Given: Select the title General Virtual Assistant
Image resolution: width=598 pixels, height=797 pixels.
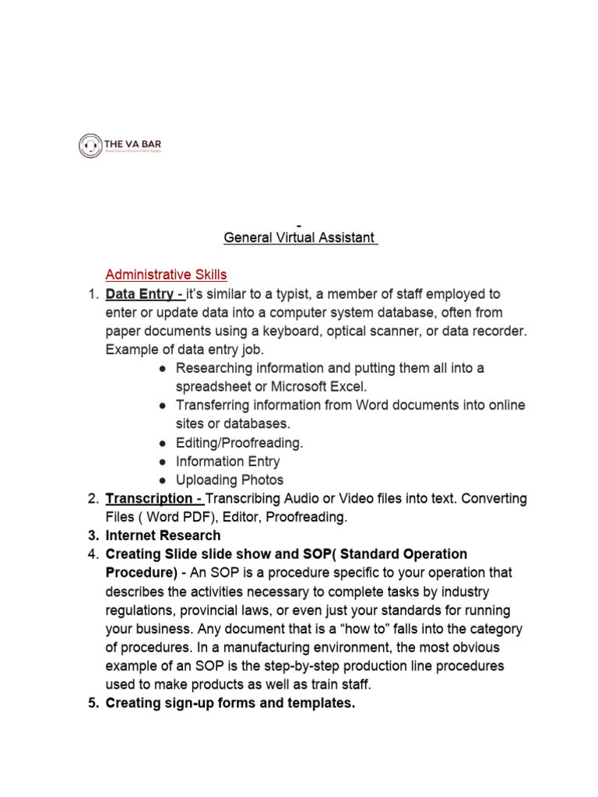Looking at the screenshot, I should click(299, 237).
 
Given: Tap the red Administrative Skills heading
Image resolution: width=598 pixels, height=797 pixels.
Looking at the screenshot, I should click(166, 275).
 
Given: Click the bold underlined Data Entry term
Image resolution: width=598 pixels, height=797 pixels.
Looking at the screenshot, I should click(144, 293).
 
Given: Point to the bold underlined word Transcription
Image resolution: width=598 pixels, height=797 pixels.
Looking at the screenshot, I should click(148, 498).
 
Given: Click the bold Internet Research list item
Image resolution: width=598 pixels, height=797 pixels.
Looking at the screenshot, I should click(163, 535).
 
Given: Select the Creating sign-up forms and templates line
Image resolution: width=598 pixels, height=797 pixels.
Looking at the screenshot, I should click(230, 704).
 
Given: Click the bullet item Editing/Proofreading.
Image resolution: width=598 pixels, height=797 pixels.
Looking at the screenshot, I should click(239, 442).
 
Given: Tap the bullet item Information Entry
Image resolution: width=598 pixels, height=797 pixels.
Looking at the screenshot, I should click(227, 461).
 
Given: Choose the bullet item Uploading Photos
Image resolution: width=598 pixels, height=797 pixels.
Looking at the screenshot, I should click(229, 479).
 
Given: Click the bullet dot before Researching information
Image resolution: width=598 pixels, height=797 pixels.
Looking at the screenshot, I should click(162, 368).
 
